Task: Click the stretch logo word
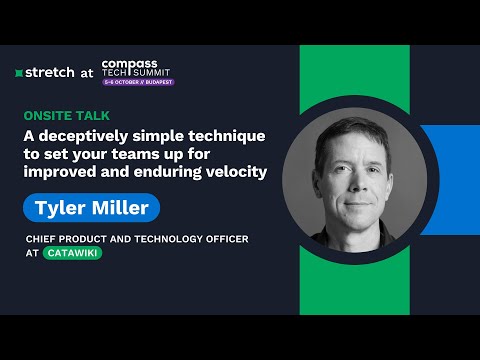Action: click(47, 72)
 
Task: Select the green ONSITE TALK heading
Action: click(69, 114)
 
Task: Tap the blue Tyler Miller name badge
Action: click(91, 207)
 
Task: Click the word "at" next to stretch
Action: click(86, 72)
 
